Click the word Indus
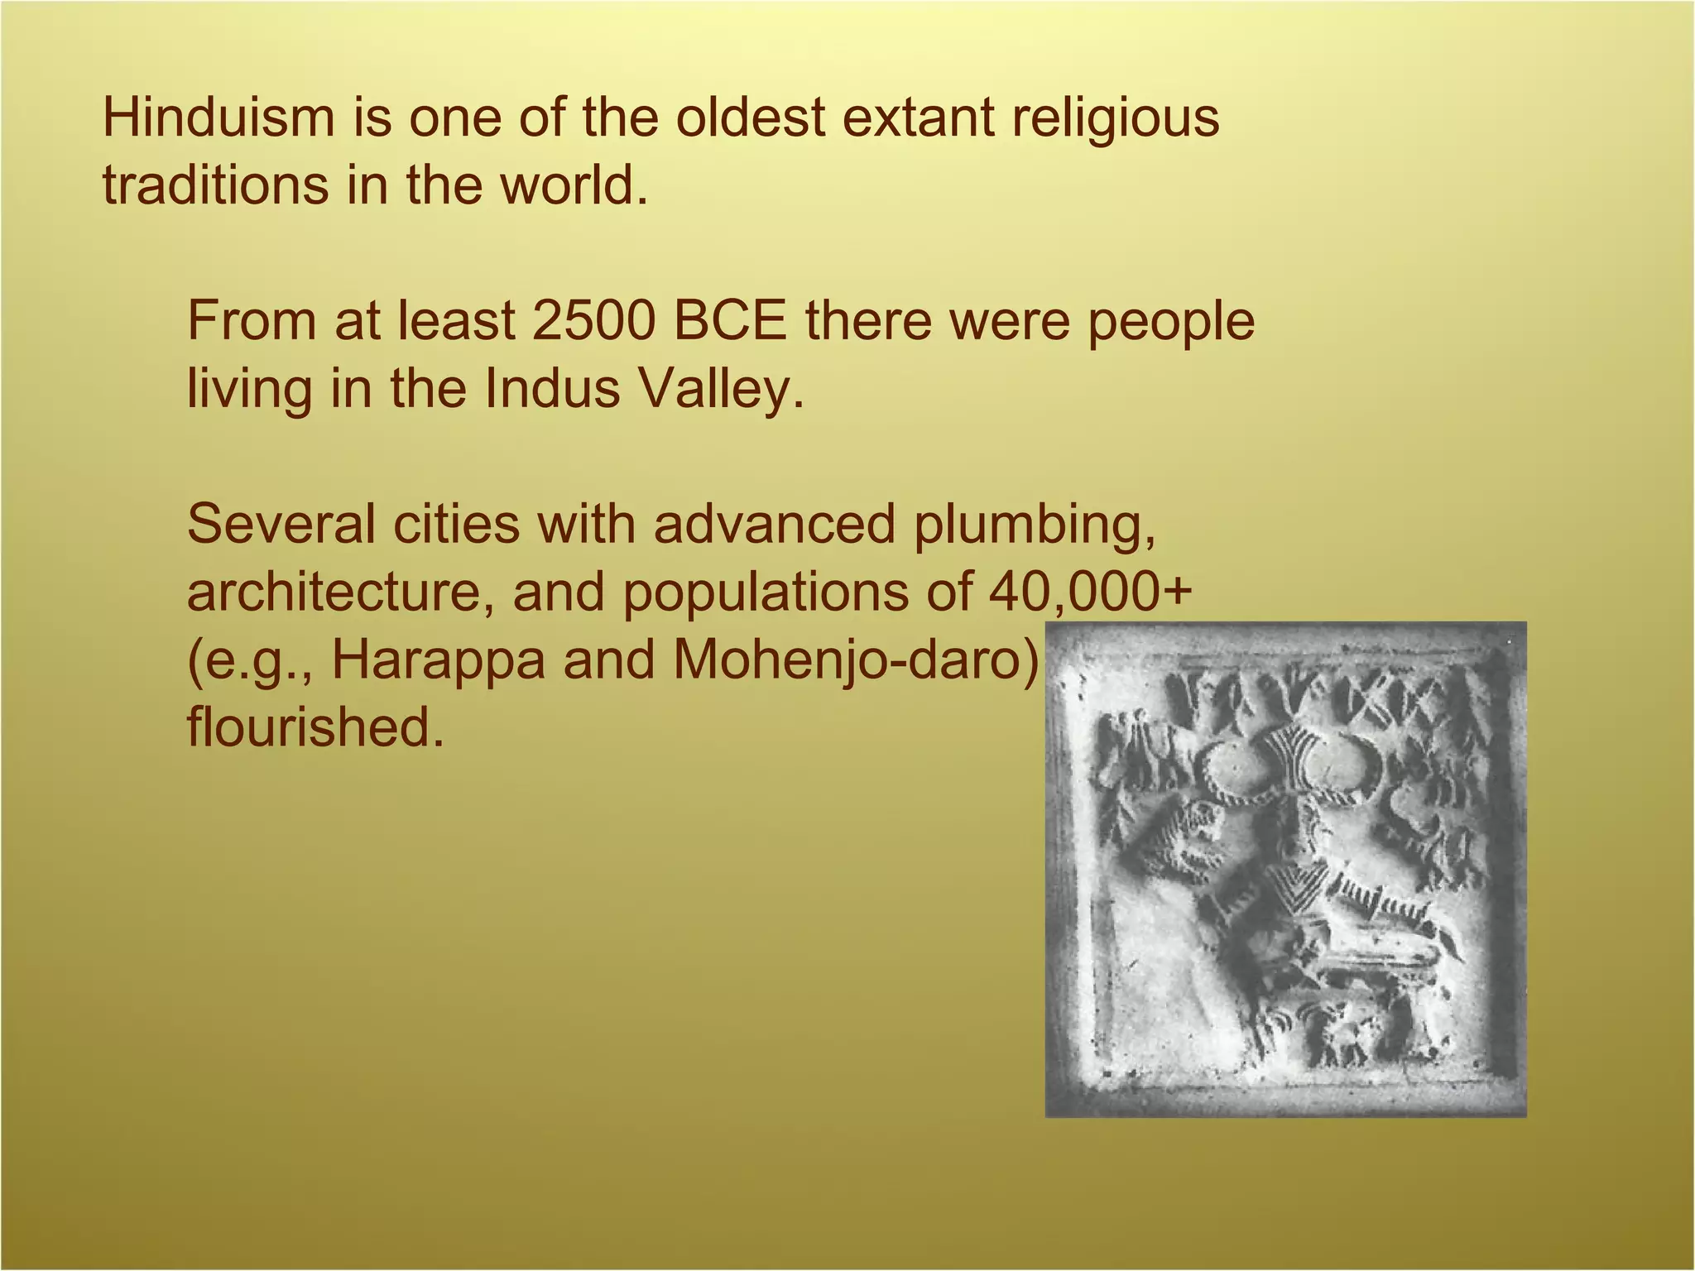pos(551,389)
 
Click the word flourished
pos(315,728)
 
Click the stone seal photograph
pos(1285,869)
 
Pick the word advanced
pos(775,525)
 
